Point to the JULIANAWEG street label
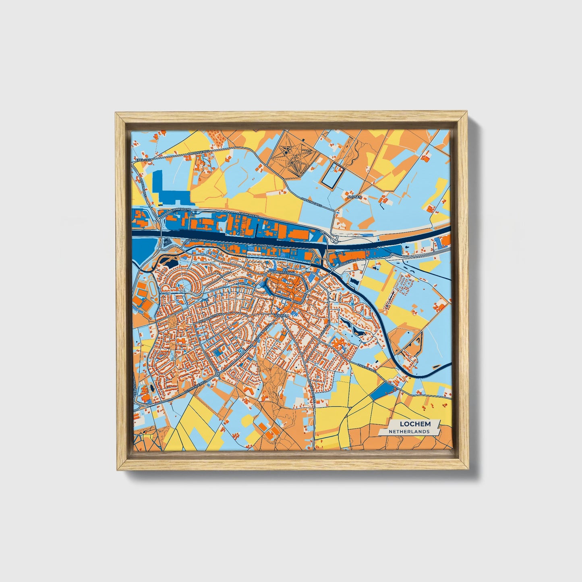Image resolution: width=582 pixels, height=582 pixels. tap(278, 272)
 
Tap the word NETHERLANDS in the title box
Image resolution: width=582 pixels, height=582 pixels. tap(409, 431)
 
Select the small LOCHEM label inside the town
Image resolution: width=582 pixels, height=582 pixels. tap(282, 316)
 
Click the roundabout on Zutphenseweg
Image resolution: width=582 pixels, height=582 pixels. tap(217, 375)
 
